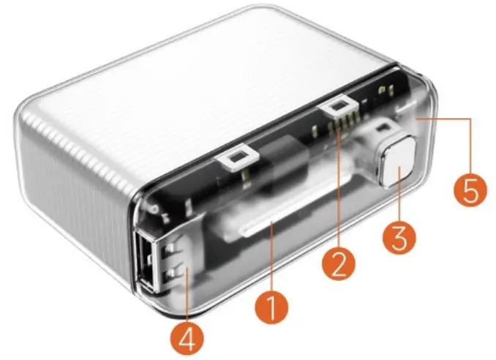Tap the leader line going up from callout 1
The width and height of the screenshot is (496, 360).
tap(271, 256)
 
